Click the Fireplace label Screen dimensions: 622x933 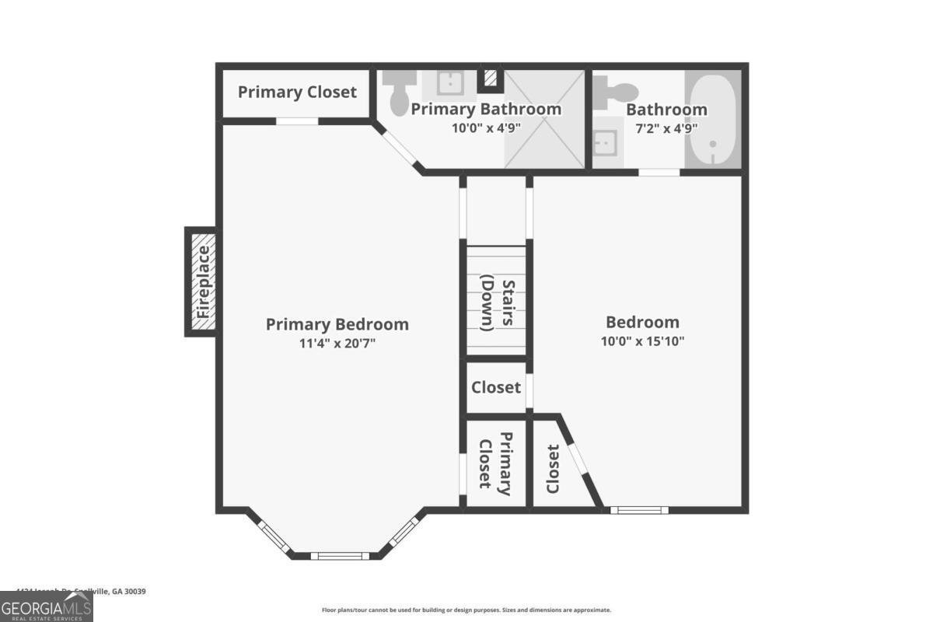click(x=203, y=282)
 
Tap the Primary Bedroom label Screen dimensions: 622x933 click(x=337, y=324)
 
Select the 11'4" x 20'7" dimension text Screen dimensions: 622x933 click(x=337, y=343)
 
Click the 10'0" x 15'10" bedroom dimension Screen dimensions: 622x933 click(x=642, y=341)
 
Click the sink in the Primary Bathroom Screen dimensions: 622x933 click(x=449, y=82)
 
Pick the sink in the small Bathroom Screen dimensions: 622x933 click(x=606, y=143)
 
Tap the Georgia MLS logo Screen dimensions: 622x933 click(x=47, y=606)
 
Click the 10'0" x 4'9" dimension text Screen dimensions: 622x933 click(x=486, y=128)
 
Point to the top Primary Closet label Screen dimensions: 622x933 click(x=297, y=92)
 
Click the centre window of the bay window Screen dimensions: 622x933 click(x=337, y=555)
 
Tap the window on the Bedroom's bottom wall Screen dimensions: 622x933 click(x=639, y=510)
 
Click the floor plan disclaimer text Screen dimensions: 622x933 click(x=466, y=610)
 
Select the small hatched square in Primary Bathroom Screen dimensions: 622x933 click(x=490, y=78)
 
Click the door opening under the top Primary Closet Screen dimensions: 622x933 click(x=297, y=121)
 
